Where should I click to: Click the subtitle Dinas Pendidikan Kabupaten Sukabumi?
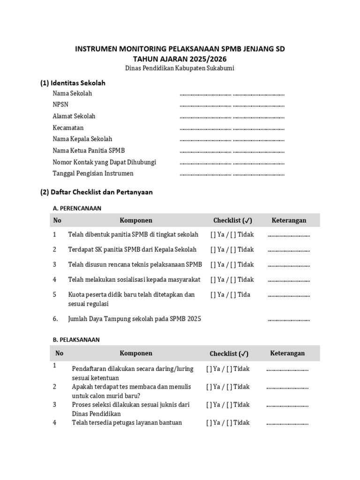pyautogui.click(x=180, y=68)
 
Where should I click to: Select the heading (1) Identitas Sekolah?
pyautogui.click(x=73, y=83)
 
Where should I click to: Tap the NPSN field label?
pyautogui.click(x=60, y=105)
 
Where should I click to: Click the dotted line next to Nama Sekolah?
pyautogui.click(x=232, y=94)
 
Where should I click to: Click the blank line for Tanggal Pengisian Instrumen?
pyautogui.click(x=232, y=174)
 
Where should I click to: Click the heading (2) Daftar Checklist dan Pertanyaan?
pyautogui.click(x=97, y=192)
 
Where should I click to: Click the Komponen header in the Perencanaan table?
pyautogui.click(x=136, y=220)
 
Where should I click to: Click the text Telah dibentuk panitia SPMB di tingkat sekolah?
pyautogui.click(x=133, y=234)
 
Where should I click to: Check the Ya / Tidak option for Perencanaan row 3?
pyautogui.click(x=232, y=265)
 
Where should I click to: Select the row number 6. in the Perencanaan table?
pyautogui.click(x=55, y=319)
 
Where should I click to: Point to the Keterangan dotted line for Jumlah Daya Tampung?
pyautogui.click(x=288, y=320)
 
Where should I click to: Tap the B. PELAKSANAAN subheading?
pyautogui.click(x=76, y=340)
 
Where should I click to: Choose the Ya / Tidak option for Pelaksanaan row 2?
pyautogui.click(x=228, y=387)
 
